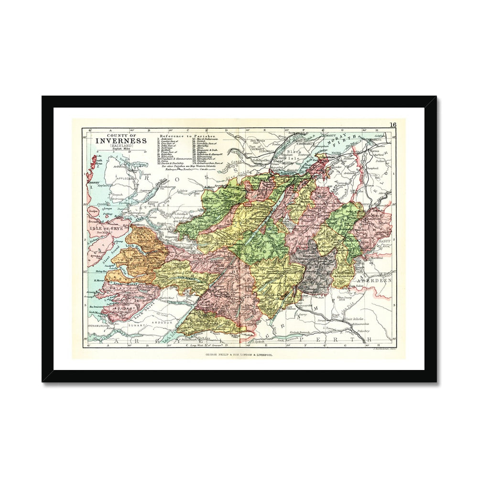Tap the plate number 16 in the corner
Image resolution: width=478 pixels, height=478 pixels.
[392, 125]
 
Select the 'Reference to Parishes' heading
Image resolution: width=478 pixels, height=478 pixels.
[187, 136]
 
